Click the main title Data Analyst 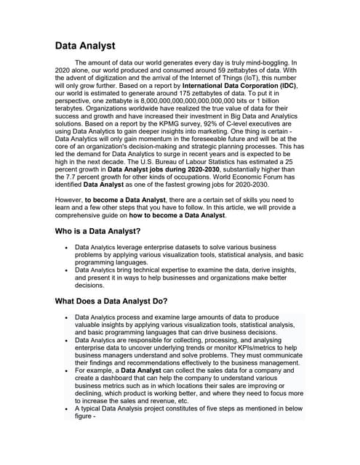point(85,46)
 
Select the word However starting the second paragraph point(71,197)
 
